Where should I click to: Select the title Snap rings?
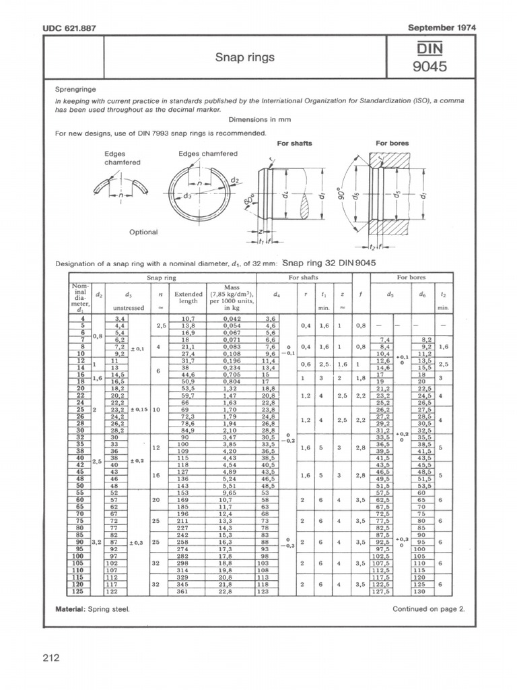244,58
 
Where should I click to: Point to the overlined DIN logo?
429,47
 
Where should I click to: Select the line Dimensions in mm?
258,119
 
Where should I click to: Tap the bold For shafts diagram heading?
294,144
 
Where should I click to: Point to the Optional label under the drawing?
143,232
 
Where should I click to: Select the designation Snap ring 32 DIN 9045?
329,263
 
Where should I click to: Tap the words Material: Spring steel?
92,609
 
